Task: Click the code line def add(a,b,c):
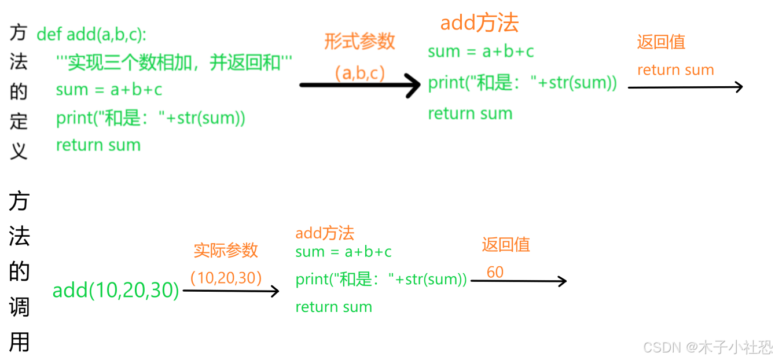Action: pyautogui.click(x=91, y=35)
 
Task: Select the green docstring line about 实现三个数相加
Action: pyautogui.click(x=174, y=63)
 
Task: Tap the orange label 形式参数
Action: pyautogui.click(x=359, y=41)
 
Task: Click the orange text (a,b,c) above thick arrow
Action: pyautogui.click(x=359, y=73)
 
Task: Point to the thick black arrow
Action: pyautogui.click(x=359, y=85)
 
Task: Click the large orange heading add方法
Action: pyautogui.click(x=479, y=23)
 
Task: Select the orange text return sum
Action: pyautogui.click(x=675, y=70)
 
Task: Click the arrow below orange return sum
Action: pyautogui.click(x=685, y=87)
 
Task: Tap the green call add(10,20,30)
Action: pyautogui.click(x=116, y=290)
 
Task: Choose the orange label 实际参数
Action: pyautogui.click(x=226, y=250)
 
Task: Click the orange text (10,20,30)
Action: pyautogui.click(x=226, y=278)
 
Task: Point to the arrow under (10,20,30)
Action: pyautogui.click(x=230, y=291)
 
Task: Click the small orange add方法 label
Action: pyautogui.click(x=325, y=233)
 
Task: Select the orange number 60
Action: pyautogui.click(x=495, y=272)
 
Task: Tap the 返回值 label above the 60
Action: pyautogui.click(x=506, y=244)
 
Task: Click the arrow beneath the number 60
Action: pyautogui.click(x=518, y=281)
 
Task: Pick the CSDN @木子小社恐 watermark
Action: pyautogui.click(x=707, y=347)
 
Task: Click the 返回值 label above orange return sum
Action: pyautogui.click(x=661, y=42)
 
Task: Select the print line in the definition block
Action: pyautogui.click(x=150, y=118)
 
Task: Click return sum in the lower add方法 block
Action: pyautogui.click(x=333, y=307)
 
